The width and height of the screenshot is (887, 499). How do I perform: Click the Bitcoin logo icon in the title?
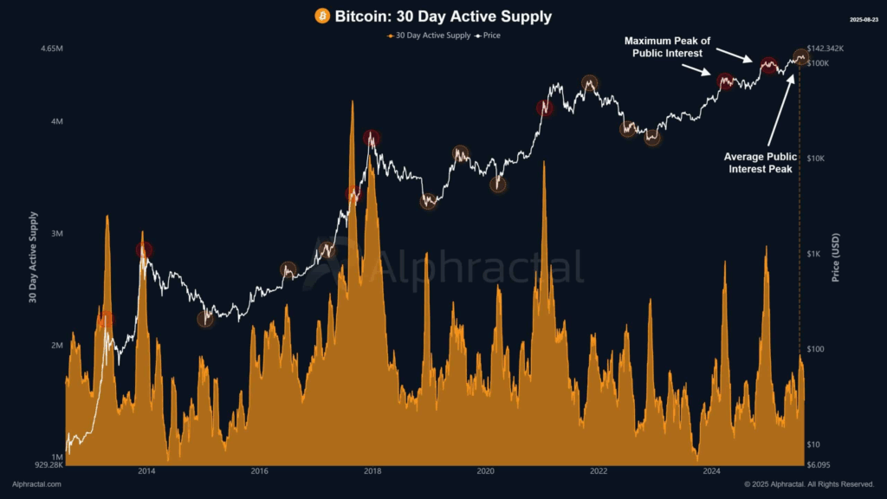click(322, 16)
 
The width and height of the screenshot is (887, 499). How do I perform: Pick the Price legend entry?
click(488, 36)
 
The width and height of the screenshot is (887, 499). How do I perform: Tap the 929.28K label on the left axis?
click(49, 465)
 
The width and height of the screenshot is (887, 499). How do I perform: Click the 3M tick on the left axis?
click(57, 234)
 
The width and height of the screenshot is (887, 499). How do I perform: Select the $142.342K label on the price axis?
click(824, 49)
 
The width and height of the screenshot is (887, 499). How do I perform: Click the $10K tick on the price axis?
click(818, 159)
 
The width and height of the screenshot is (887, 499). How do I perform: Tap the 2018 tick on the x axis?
click(372, 471)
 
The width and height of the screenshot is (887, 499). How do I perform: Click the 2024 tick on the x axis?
click(711, 471)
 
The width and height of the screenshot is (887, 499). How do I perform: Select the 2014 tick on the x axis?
click(146, 471)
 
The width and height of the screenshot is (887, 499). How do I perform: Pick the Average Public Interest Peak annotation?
click(758, 163)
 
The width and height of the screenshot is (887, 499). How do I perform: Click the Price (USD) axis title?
click(836, 257)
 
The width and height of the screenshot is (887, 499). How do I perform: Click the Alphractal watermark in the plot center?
click(476, 268)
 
